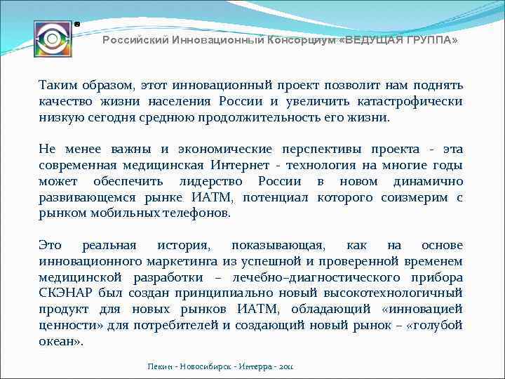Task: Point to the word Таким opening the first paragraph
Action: tap(58, 85)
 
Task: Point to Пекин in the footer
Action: tap(161, 366)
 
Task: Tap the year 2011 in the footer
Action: tap(288, 366)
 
